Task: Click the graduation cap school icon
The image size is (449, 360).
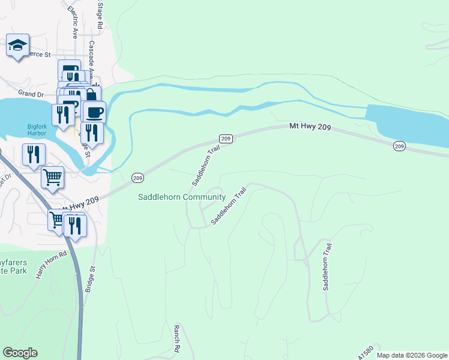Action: click(x=17, y=44)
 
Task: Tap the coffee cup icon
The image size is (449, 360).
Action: click(x=94, y=112)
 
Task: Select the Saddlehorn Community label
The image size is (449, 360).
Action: click(x=181, y=197)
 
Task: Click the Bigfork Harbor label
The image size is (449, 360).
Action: click(x=41, y=130)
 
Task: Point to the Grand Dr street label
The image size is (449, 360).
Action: click(x=31, y=94)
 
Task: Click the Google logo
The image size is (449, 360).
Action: click(x=20, y=353)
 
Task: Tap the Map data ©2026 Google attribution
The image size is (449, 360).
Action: click(x=412, y=355)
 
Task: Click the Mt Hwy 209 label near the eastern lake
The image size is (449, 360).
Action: click(x=311, y=127)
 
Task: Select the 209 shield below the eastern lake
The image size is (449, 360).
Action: click(x=400, y=146)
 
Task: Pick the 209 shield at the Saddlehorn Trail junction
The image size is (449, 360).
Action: click(x=226, y=139)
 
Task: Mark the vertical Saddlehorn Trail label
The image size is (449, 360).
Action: click(x=328, y=266)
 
